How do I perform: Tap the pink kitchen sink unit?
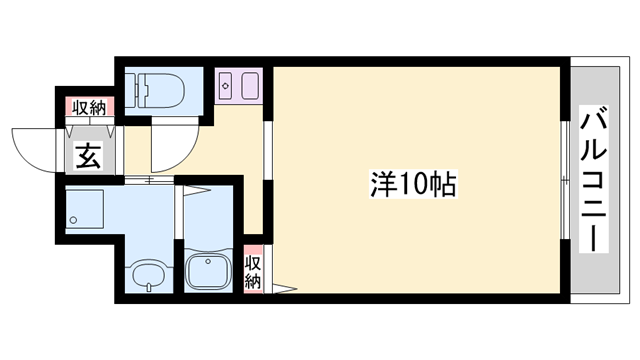point(238,87)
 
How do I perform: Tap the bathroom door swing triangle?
point(196,192)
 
